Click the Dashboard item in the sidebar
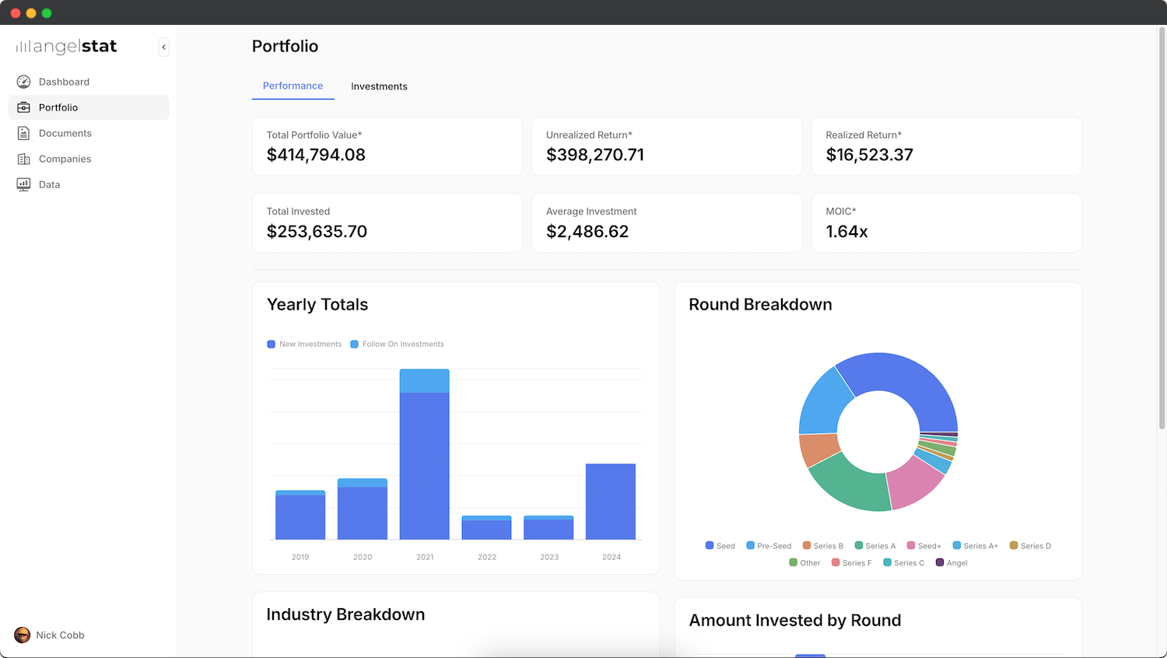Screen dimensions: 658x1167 (x=63, y=82)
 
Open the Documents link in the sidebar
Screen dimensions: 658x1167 (x=65, y=133)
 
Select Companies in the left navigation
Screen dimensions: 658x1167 (x=65, y=159)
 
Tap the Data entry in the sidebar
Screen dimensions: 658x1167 (x=49, y=184)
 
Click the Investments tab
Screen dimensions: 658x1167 (x=379, y=86)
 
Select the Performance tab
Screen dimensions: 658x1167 (x=293, y=86)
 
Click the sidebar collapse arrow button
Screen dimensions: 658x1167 (x=163, y=47)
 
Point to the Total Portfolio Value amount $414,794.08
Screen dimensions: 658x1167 (x=316, y=155)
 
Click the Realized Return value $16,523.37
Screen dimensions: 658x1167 (x=869, y=155)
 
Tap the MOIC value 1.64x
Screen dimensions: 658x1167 (x=846, y=232)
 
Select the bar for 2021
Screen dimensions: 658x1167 (x=424, y=459)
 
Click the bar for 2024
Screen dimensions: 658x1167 (x=611, y=502)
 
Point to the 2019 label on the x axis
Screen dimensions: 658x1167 (x=300, y=557)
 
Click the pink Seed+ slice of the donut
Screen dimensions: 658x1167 (x=916, y=481)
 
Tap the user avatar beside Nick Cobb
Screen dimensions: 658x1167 (x=23, y=635)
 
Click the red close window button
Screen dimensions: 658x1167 (x=15, y=13)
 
